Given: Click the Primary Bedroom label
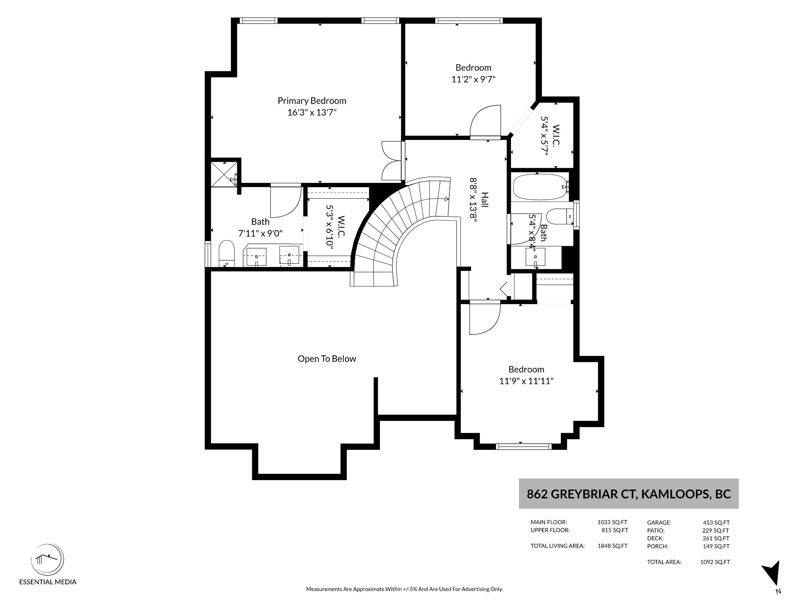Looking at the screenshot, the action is pos(312,101).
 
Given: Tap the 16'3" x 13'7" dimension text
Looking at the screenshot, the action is pos(312,112).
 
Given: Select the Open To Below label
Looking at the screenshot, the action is pos(327,359).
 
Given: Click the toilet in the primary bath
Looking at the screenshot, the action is pos(227,254).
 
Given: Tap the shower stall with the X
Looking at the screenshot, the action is pos(224,174).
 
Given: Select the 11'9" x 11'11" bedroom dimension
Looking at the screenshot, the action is pos(526,381).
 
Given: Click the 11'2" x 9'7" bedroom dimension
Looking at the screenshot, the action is pos(473,79).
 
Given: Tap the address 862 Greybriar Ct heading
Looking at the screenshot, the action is pos(628,494).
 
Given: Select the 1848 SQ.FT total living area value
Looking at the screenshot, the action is pos(613,546).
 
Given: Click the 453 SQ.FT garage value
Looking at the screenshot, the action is pos(716,523).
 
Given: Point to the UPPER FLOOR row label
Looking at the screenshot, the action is pos(550,530).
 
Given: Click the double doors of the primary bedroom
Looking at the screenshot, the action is pos(392,160).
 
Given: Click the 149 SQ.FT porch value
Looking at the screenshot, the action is pos(716,546).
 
